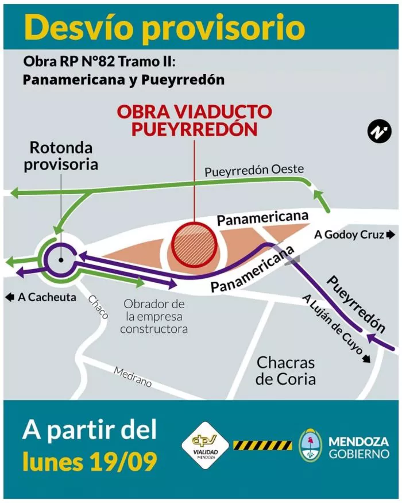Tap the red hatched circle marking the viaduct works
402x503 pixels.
(x=194, y=245)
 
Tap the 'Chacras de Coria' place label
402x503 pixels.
(x=285, y=371)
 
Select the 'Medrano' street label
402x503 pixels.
(x=133, y=377)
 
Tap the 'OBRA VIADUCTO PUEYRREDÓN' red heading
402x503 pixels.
(x=194, y=120)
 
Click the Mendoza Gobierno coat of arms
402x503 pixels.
(x=311, y=444)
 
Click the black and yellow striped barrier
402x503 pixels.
(x=262, y=444)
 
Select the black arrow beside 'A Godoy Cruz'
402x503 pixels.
(x=391, y=235)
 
